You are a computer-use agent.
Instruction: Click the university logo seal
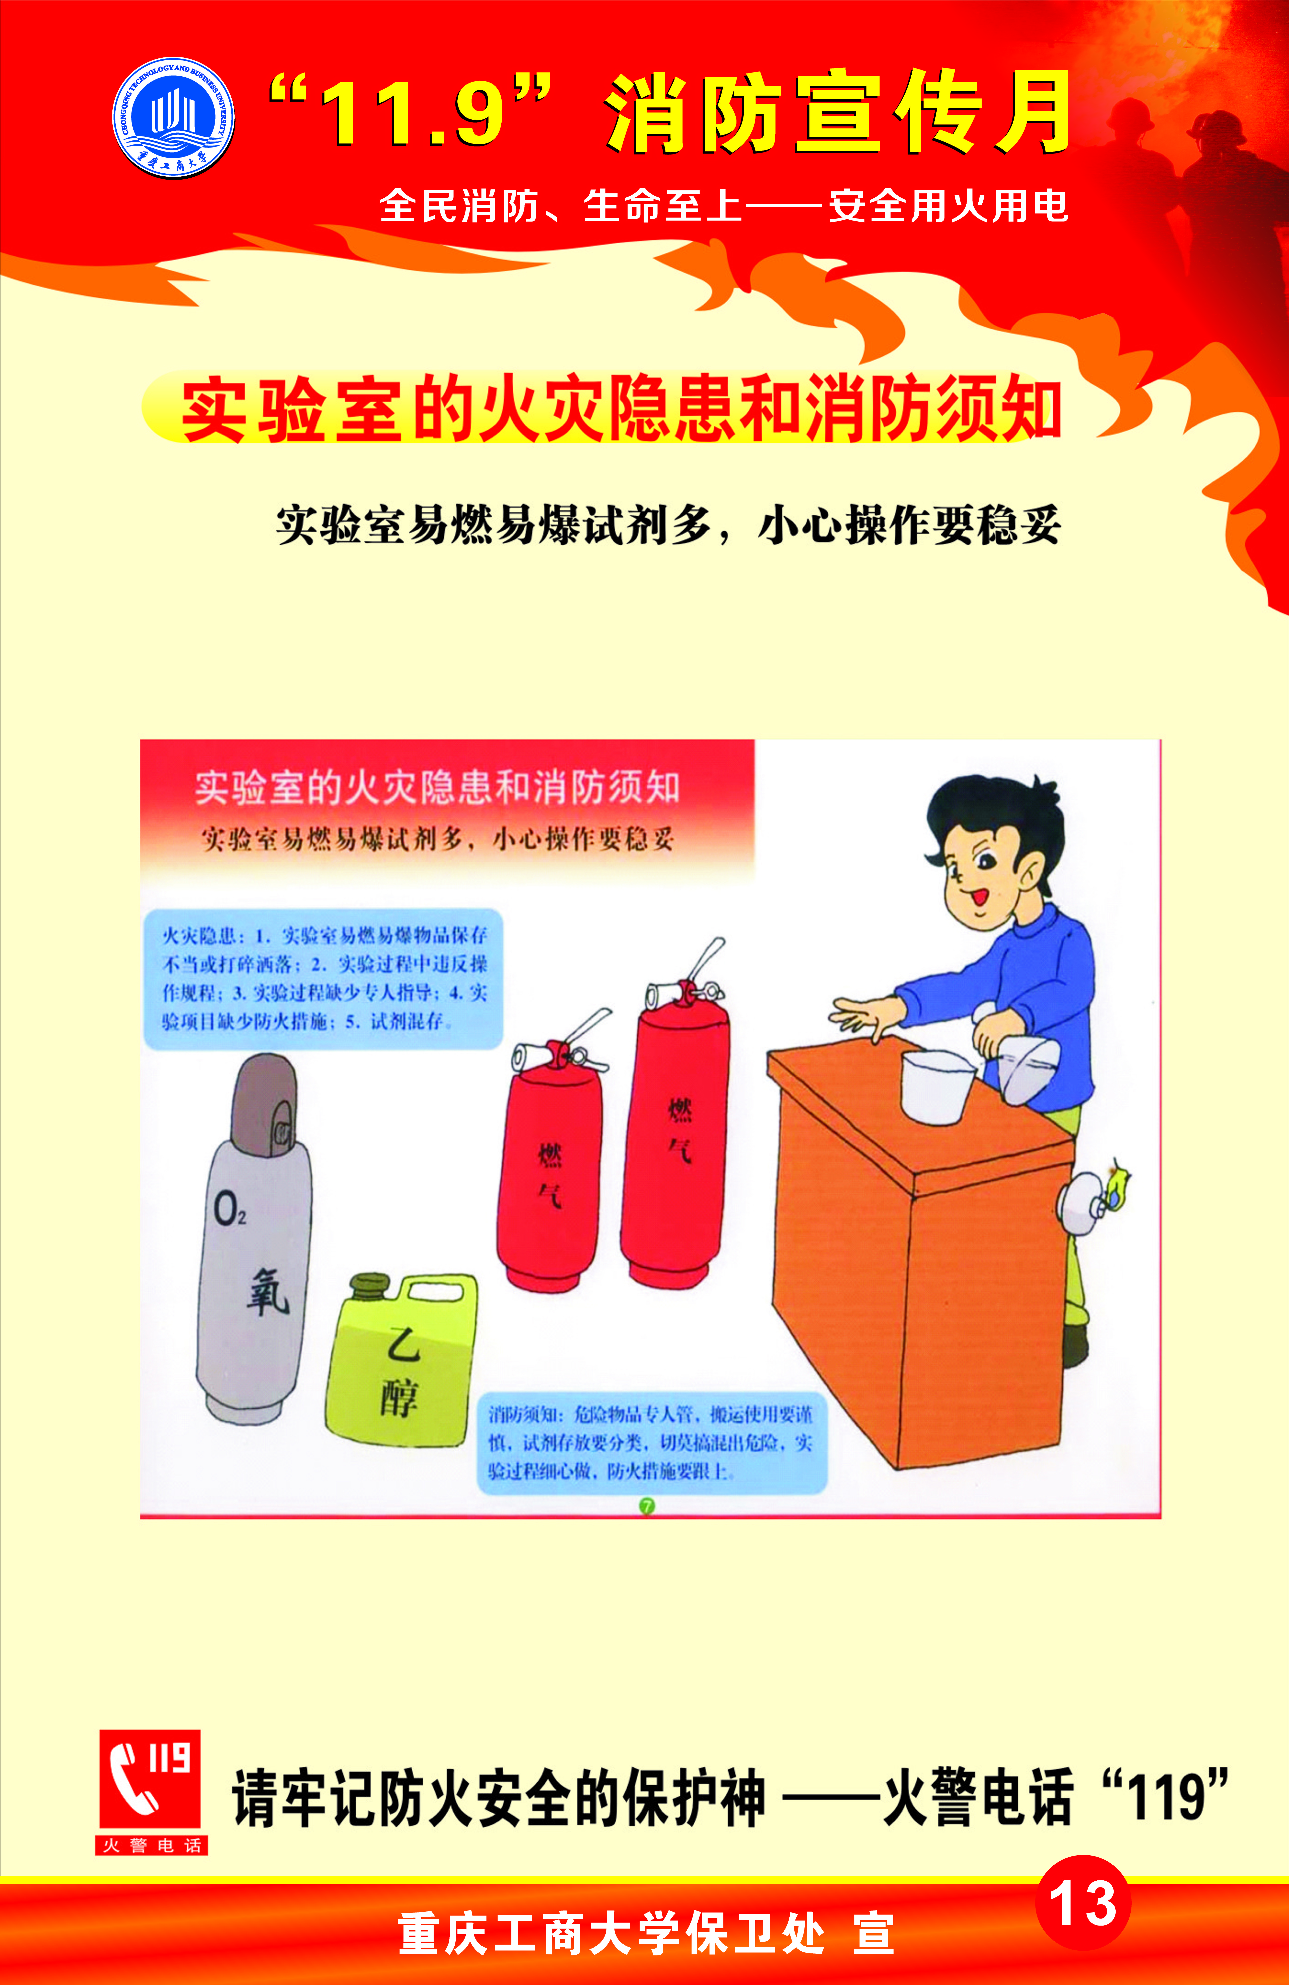pyautogui.click(x=174, y=118)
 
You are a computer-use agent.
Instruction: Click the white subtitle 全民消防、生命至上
pyautogui.click(x=561, y=205)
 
